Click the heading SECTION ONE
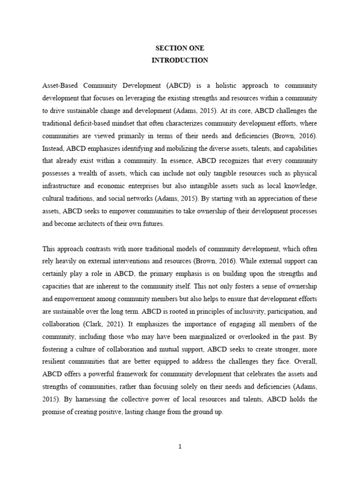[x=180, y=48]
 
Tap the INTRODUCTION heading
[x=180, y=60]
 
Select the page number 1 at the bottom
[x=180, y=447]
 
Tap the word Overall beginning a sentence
[x=305, y=362]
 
